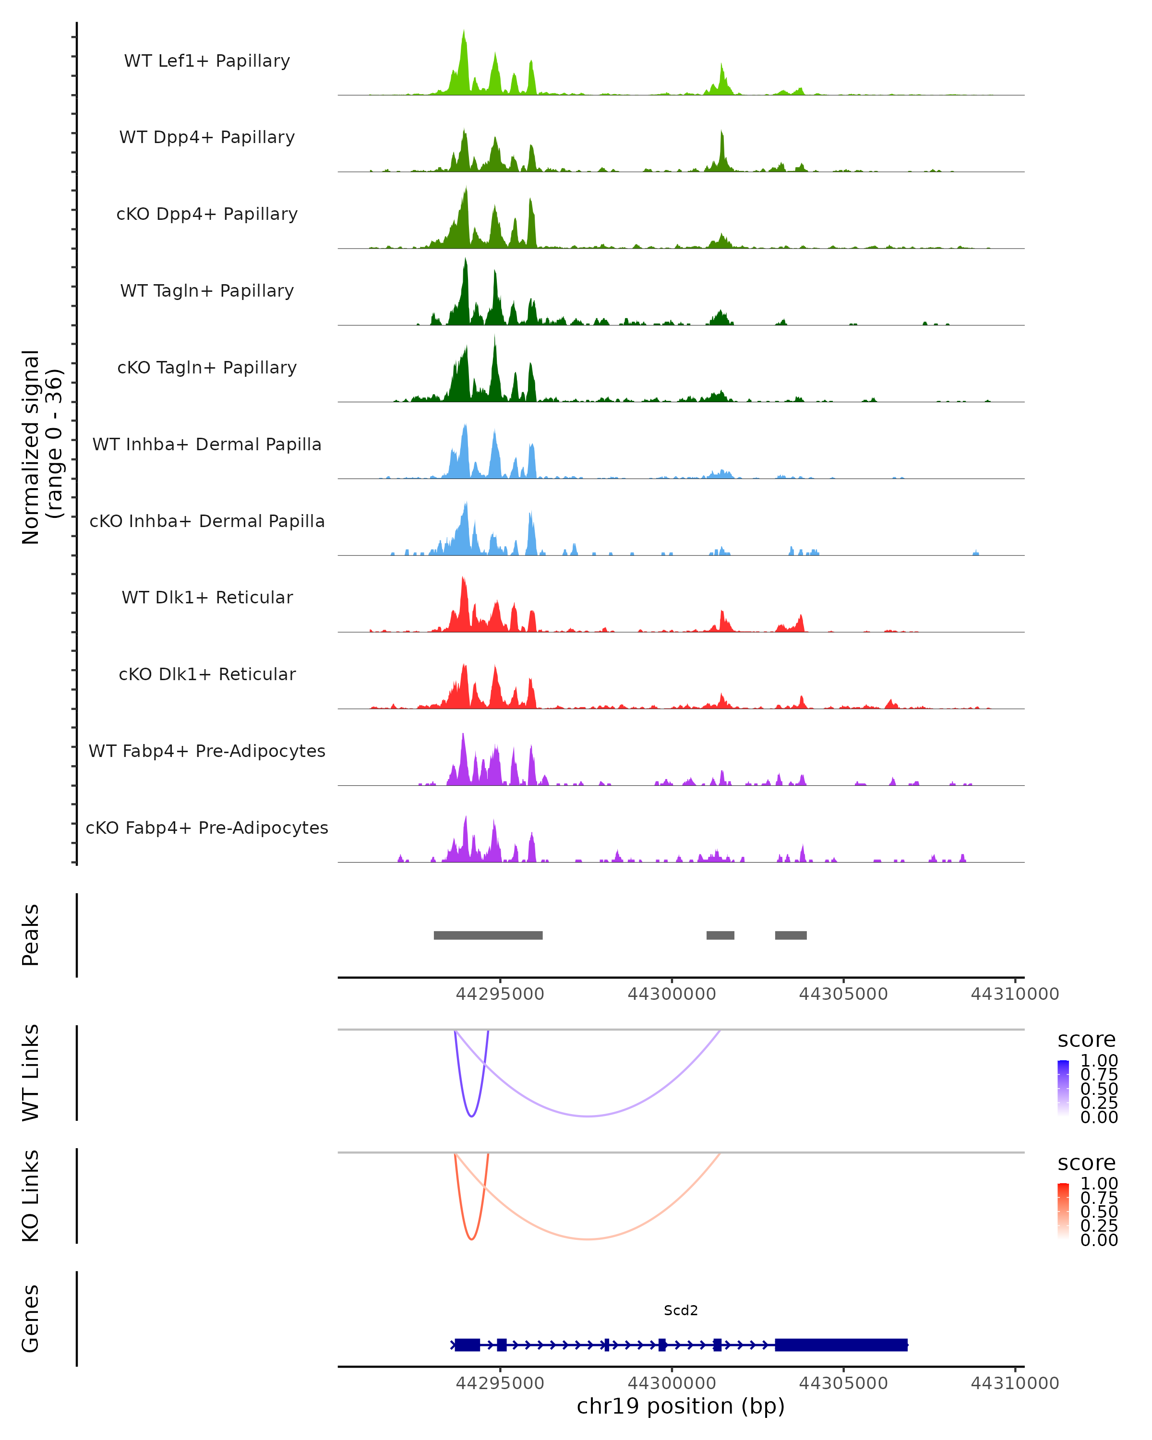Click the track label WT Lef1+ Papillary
coord(207,61)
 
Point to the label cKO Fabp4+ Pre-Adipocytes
coord(207,828)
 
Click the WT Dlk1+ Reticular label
coord(207,597)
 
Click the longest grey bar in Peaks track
coord(488,935)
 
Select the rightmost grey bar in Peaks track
coord(791,935)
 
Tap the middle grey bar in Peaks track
coord(720,935)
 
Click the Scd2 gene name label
coord(681,1310)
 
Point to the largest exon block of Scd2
coord(841,1344)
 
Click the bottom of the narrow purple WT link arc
coord(471,1116)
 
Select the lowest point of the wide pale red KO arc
coord(587,1239)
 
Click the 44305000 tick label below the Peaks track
coord(843,994)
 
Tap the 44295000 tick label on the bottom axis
coord(500,1383)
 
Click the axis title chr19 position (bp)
coord(681,1406)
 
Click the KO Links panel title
coord(31,1196)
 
